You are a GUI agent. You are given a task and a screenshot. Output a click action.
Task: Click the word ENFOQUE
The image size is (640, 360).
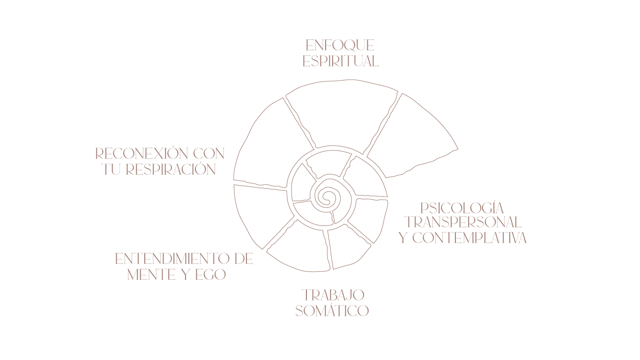[340, 45]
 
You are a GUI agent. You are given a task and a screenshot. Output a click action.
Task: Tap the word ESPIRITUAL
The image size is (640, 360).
[341, 61]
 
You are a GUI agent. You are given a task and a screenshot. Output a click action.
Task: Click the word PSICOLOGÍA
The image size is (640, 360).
[462, 208]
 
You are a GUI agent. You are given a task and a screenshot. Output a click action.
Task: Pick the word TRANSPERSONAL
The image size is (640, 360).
[463, 222]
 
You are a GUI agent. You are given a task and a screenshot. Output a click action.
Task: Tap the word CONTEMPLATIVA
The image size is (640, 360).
[469, 238]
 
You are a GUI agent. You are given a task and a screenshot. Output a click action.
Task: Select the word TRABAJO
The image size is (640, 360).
[333, 295]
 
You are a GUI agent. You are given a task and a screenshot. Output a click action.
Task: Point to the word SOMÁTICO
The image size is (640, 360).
[332, 311]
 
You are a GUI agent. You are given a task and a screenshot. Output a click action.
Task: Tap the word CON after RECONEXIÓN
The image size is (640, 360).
[209, 154]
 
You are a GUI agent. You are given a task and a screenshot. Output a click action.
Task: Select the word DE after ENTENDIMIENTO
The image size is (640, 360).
[243, 259]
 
